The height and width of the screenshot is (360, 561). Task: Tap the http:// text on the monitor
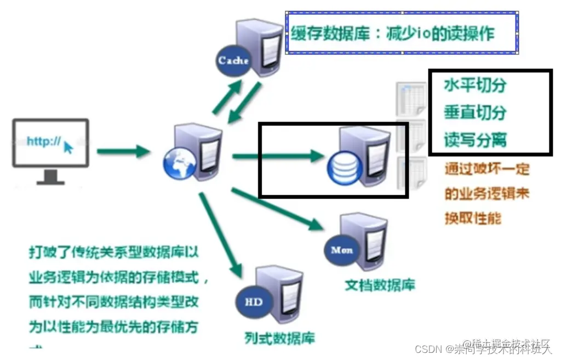point(43,141)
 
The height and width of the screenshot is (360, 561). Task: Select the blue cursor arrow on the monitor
point(68,147)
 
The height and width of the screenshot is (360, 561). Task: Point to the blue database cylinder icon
point(342,168)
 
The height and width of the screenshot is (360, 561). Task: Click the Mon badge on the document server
point(342,250)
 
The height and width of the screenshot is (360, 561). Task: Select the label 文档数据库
point(380,285)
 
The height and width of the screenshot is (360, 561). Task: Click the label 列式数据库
point(280,336)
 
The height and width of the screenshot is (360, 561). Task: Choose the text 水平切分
point(475,85)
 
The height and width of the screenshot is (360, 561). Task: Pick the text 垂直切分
point(475,113)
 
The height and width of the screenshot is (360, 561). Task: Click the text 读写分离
point(475,140)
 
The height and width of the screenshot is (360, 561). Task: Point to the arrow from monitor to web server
point(124,150)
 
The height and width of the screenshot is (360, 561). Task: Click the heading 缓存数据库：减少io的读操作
point(392,33)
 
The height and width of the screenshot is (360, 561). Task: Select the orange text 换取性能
point(472,218)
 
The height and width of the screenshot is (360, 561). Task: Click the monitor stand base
point(51,181)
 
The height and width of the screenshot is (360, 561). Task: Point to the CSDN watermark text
point(427,349)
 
